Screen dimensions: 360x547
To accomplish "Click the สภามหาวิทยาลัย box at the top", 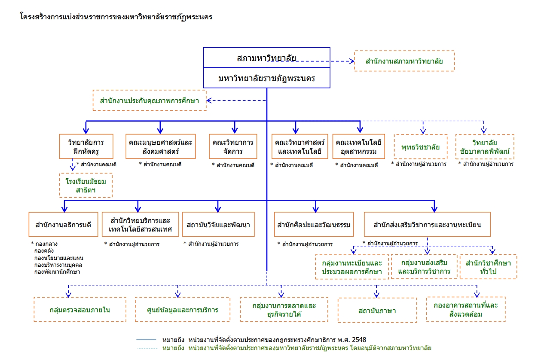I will (266, 58).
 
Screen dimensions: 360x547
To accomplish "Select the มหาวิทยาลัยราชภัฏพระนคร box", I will (266, 78).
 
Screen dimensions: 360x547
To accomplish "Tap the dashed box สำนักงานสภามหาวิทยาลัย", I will (404, 61).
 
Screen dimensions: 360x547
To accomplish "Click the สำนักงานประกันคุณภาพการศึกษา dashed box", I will (150, 101).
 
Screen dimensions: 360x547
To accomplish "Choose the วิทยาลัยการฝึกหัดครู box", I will (86, 146).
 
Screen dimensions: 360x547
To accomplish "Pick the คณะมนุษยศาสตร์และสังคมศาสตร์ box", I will (160, 146).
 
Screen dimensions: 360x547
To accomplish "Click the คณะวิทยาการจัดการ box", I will (234, 146).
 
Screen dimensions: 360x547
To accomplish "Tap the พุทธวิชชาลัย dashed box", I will (420, 147).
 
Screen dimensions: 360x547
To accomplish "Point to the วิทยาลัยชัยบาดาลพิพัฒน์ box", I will (484, 147).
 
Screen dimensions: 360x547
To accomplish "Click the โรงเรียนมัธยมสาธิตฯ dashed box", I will (86, 185).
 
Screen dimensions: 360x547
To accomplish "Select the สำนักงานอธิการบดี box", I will (64, 224).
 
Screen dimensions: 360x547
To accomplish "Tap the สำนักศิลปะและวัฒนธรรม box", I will (314, 224).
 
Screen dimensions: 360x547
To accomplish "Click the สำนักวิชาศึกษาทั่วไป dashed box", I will (488, 267).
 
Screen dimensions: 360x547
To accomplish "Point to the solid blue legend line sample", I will (146, 339).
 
